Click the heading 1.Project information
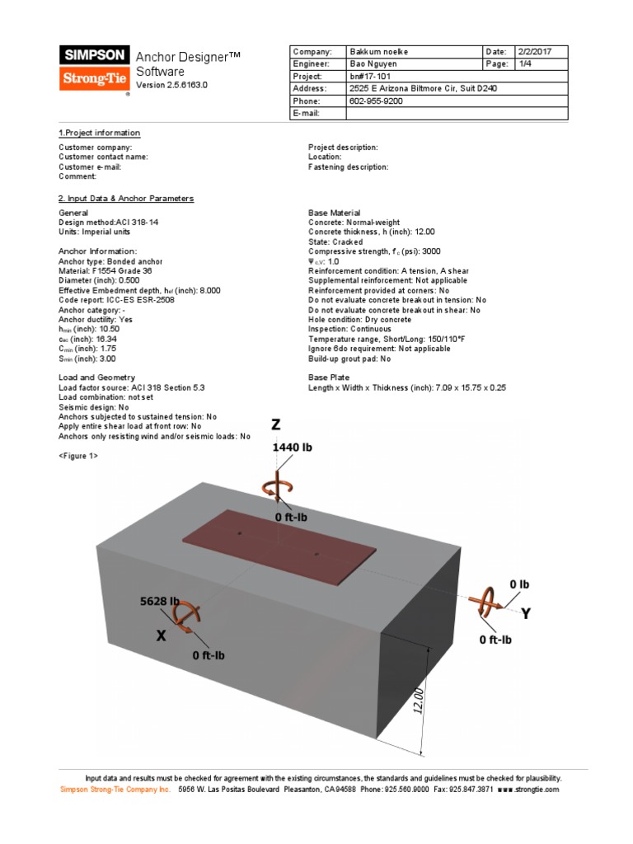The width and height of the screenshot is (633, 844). (99, 133)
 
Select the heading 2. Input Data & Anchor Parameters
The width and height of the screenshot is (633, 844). (126, 199)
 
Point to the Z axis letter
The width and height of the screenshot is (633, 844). (276, 424)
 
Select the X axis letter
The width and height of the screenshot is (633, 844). (161, 635)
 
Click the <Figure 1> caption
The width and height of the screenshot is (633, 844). (78, 456)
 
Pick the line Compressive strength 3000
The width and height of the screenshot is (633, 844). (376, 251)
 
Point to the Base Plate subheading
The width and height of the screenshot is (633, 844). (328, 377)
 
